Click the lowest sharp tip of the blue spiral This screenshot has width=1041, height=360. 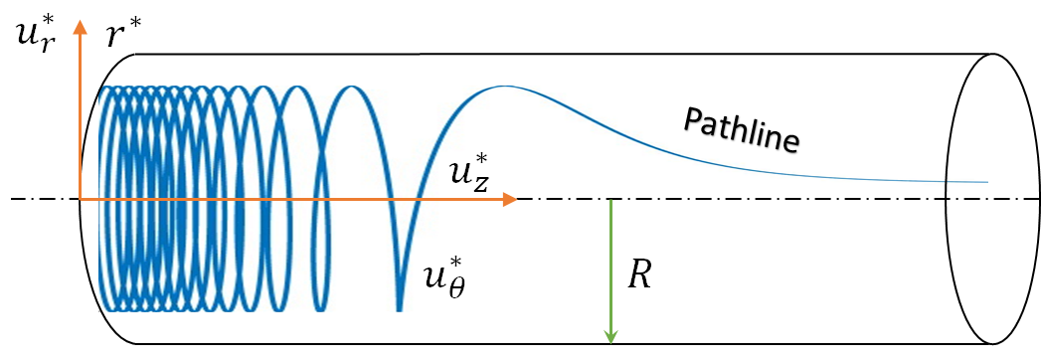pyautogui.click(x=399, y=309)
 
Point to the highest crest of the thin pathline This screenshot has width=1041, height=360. pyautogui.click(x=506, y=88)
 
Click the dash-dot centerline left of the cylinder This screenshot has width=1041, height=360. pyautogui.click(x=40, y=199)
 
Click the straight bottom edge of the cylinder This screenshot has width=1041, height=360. pyautogui.click(x=497, y=345)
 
